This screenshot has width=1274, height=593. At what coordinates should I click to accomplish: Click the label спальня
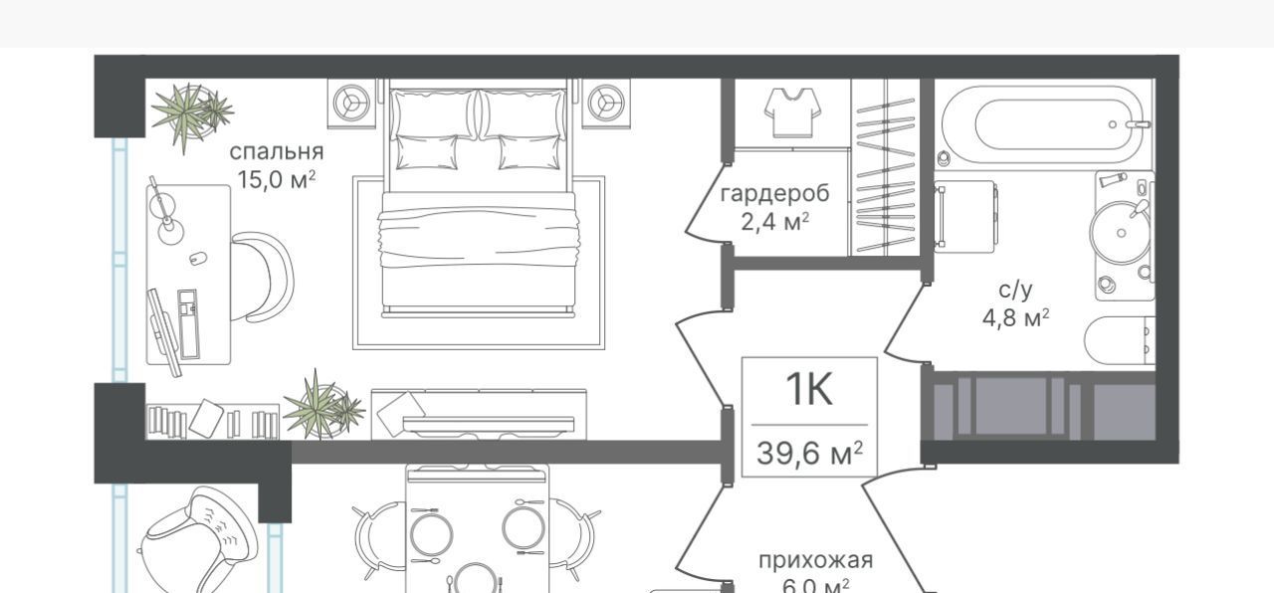pos(276,152)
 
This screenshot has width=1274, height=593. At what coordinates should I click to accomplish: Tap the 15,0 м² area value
pos(276,179)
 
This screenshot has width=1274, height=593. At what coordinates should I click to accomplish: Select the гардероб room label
pos(774,193)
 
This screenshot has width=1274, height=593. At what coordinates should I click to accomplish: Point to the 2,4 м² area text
pos(774,220)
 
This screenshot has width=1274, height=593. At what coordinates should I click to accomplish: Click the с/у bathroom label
pos(1015,290)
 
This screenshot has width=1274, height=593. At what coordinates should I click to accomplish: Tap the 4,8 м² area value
pos(1015,318)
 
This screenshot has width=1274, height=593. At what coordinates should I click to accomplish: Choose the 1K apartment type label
pos(808,391)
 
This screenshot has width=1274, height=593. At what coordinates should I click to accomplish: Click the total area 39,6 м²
pos(808,454)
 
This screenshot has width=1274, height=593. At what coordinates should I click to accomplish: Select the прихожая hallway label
pos(815,560)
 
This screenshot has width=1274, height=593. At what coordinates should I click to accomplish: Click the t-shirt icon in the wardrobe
pos(792,111)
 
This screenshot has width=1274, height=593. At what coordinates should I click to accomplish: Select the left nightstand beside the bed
pos(351,102)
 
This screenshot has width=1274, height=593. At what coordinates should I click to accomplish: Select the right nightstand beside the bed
pos(605,102)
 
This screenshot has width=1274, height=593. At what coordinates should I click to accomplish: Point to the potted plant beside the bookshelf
pos(321,406)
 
